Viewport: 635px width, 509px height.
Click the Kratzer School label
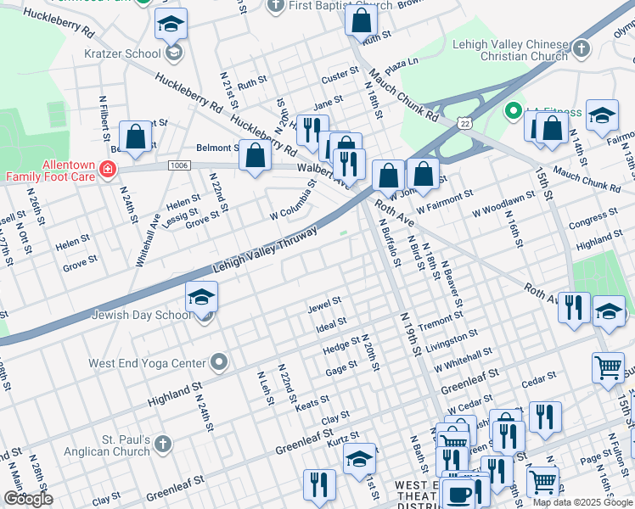pyautogui.click(x=123, y=53)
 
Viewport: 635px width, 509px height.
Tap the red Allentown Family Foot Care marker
pyautogui.click(x=108, y=170)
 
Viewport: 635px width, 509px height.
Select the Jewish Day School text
pyautogui.click(x=144, y=315)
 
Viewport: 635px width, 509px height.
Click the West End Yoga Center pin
pyautogui.click(x=219, y=362)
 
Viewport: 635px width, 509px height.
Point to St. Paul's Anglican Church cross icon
pyautogui.click(x=162, y=443)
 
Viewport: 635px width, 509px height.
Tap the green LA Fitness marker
pyautogui.click(x=512, y=111)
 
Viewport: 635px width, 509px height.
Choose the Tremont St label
pyautogui.click(x=439, y=322)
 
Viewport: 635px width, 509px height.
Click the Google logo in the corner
pyautogui.click(x=28, y=499)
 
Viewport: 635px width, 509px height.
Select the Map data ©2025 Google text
pyautogui.click(x=582, y=501)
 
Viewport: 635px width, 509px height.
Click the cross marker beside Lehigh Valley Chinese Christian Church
pyautogui.click(x=582, y=49)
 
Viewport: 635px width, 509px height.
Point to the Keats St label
pyautogui.click(x=312, y=402)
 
